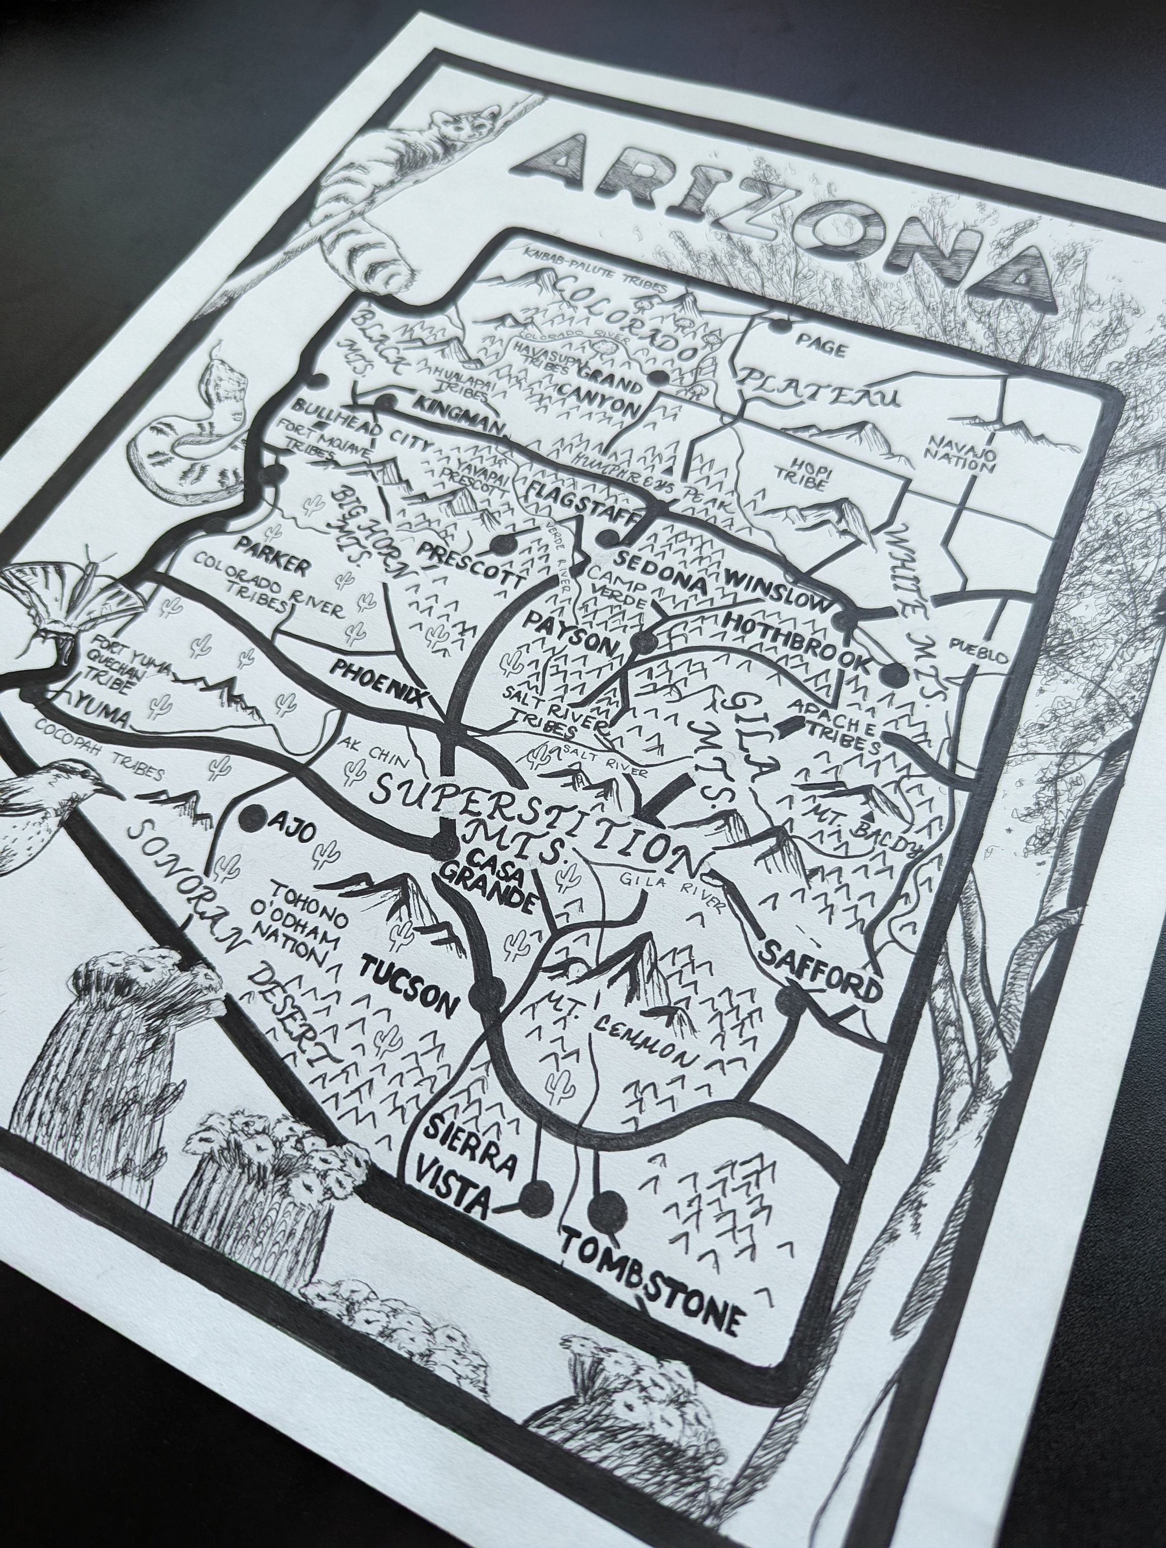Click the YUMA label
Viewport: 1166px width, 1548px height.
tap(102, 711)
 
